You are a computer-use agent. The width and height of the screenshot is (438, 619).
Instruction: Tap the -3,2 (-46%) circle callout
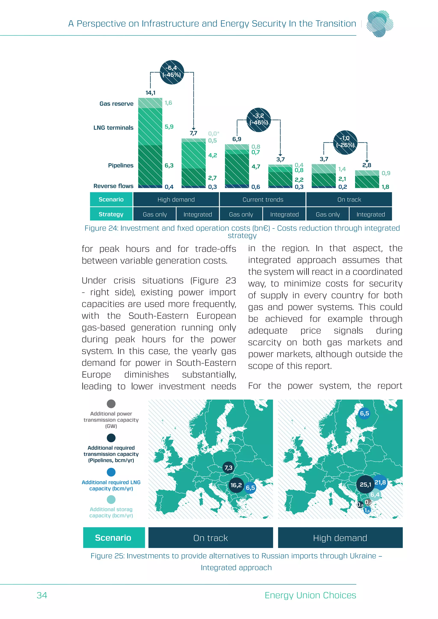(x=258, y=120)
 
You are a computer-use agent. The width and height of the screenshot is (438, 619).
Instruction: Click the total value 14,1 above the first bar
(x=150, y=93)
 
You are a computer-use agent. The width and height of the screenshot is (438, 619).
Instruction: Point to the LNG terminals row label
(x=113, y=128)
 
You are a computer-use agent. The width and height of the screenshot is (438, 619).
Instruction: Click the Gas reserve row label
(x=116, y=104)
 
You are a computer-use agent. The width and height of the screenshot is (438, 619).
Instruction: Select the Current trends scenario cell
(x=263, y=199)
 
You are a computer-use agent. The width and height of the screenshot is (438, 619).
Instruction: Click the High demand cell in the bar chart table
(x=176, y=199)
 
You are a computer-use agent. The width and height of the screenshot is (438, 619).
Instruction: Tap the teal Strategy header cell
(x=111, y=214)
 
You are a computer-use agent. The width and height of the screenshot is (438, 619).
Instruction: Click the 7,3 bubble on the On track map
(x=228, y=468)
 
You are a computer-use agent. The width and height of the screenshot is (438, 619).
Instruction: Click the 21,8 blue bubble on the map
(x=380, y=482)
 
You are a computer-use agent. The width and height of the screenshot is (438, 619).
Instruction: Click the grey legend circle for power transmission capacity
(x=111, y=404)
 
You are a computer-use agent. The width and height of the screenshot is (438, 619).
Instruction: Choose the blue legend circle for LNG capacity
(x=111, y=472)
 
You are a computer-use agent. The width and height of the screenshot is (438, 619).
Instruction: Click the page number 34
(x=42, y=595)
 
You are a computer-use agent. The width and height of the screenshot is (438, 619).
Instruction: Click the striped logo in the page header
(x=380, y=24)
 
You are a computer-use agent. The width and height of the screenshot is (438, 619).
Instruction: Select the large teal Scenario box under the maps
(x=114, y=538)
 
